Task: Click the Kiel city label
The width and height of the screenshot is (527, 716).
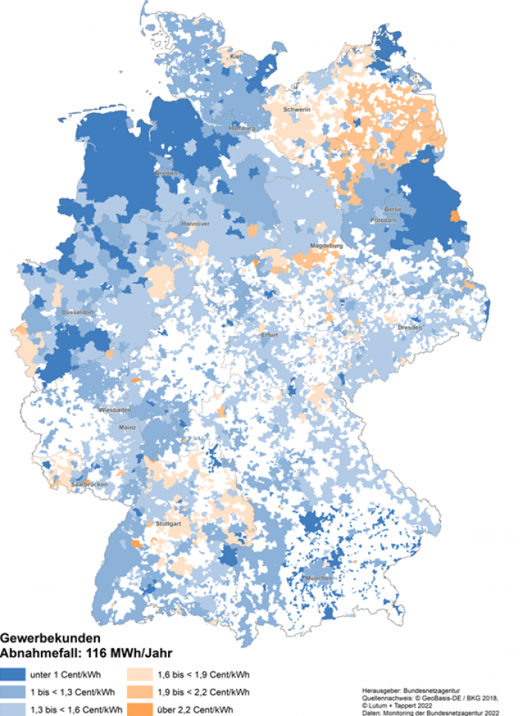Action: (235, 57)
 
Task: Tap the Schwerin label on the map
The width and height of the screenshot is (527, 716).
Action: (297, 110)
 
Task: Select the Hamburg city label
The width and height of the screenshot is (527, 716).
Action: (242, 129)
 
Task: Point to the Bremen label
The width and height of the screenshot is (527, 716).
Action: (166, 173)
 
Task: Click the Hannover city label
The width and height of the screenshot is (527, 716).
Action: (195, 225)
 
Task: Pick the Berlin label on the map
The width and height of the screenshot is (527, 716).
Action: (392, 209)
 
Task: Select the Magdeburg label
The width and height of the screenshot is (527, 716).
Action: (327, 247)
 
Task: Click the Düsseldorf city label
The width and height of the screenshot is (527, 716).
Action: (77, 313)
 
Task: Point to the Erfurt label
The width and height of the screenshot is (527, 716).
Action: (270, 335)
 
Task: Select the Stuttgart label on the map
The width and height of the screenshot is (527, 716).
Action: (169, 523)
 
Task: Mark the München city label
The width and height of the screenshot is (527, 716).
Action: (319, 579)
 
